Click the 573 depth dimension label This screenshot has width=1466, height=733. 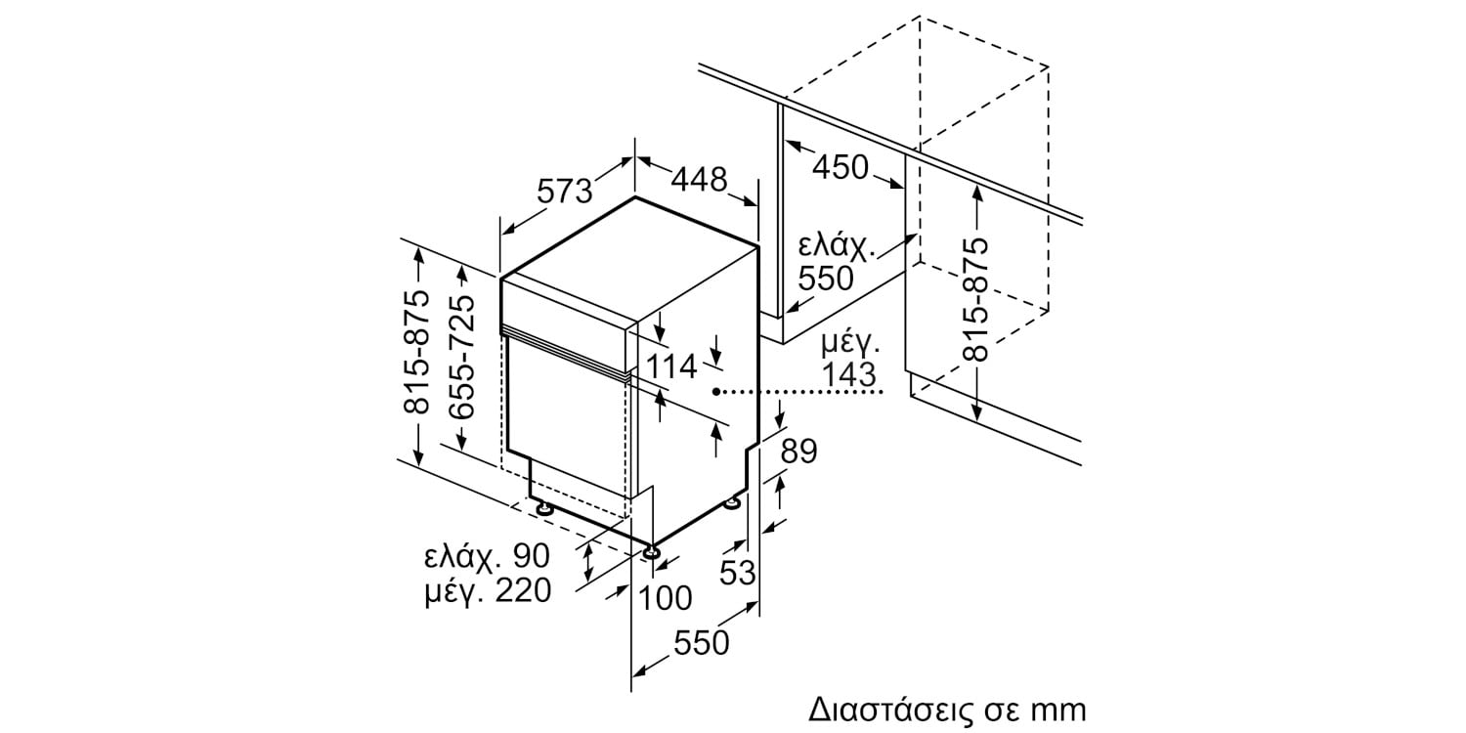[x=564, y=192]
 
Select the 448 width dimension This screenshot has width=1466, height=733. [x=699, y=179]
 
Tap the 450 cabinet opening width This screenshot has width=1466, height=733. [x=841, y=167]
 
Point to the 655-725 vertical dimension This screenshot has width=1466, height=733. [x=461, y=357]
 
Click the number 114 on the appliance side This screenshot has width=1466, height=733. [x=672, y=366]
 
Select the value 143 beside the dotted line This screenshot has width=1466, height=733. [x=848, y=375]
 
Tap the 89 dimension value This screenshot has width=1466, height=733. [x=798, y=452]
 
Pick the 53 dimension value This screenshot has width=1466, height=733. [x=738, y=574]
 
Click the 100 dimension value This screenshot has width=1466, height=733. [x=665, y=598]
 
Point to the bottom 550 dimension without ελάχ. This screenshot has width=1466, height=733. [x=701, y=643]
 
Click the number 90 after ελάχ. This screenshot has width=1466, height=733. [x=531, y=556]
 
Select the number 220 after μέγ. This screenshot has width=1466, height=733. [x=523, y=591]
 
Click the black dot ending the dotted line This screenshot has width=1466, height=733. [x=717, y=392]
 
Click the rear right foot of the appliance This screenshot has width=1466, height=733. [x=733, y=502]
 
